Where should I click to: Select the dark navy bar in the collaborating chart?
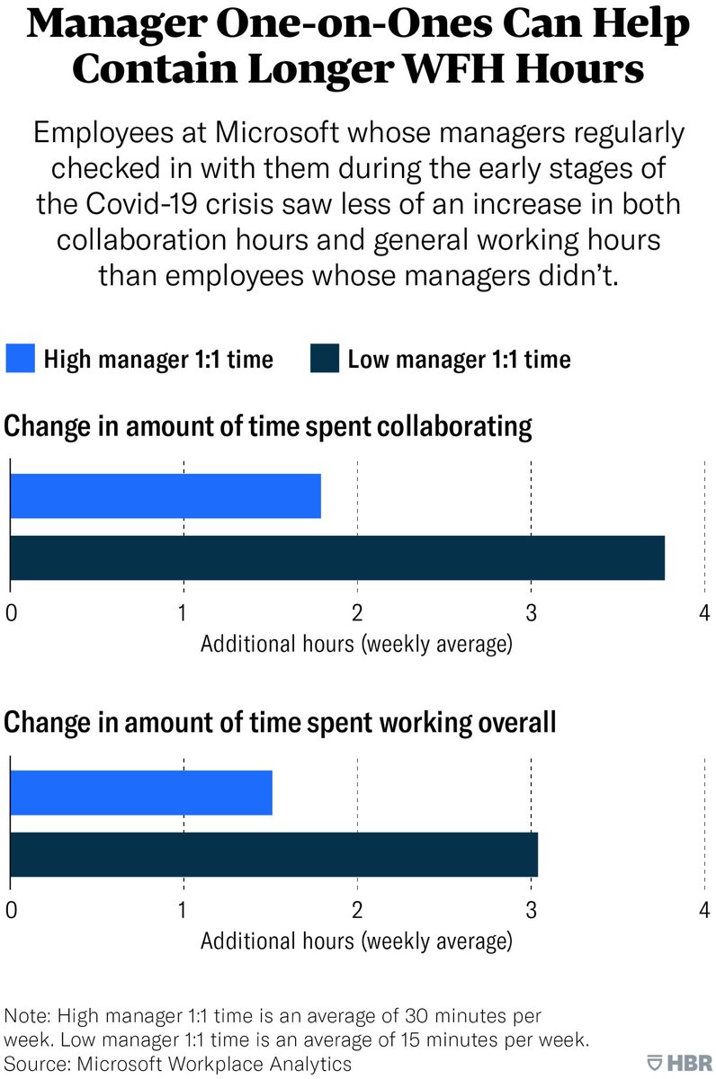pos(337,558)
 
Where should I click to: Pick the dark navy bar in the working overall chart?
pos(273,855)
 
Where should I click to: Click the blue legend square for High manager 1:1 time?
pos(21,360)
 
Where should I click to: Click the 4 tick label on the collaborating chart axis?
pos(704,613)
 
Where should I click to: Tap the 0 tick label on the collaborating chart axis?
pos(11,613)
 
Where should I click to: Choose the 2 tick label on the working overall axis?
pos(357,910)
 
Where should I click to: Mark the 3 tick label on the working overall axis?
pos(531,910)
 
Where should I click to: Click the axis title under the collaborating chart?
pos(356,645)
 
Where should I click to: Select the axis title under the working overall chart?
pos(356,941)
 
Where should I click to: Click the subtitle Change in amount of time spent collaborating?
pos(269,425)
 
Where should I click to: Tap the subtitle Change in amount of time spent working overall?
pos(281,722)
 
